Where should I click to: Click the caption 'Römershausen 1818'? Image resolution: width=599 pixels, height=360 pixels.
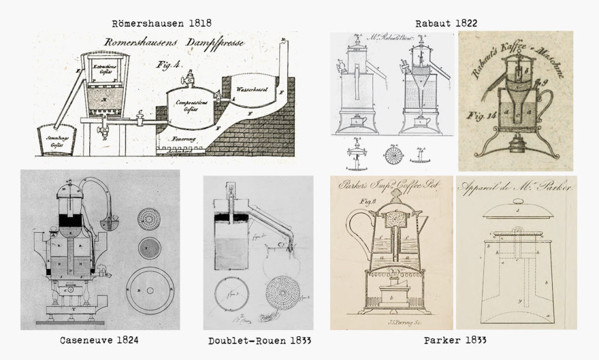pos(162,23)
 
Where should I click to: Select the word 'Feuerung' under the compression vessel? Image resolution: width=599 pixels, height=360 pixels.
pos(173,139)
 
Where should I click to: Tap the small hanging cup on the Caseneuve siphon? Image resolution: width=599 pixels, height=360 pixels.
pos(111,224)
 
